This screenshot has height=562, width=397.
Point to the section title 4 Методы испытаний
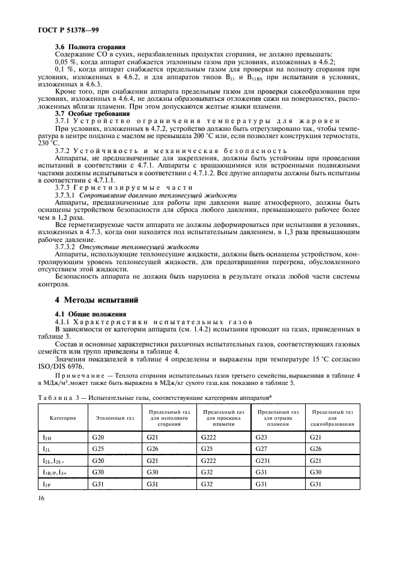pyautogui.click(x=97, y=299)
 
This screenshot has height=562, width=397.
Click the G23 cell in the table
pyautogui.click(x=262, y=438)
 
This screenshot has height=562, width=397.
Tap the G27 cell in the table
pyautogui.click(x=262, y=450)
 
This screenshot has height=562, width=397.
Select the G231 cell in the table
pyautogui.click(x=265, y=461)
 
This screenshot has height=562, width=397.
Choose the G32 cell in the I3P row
pyautogui.click(x=208, y=484)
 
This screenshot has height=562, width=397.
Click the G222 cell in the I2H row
pyautogui.click(x=210, y=438)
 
